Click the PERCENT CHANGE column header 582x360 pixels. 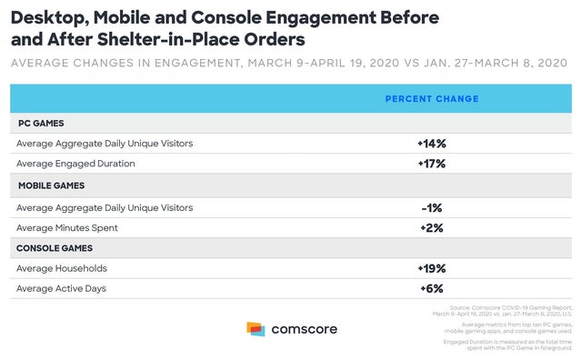coord(432,98)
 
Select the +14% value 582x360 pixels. coord(432,144)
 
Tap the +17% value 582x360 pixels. coord(432,165)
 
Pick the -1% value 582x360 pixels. coord(432,207)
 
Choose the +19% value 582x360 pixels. coord(432,268)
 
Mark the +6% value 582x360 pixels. coord(432,288)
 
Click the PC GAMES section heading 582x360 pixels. coord(40,123)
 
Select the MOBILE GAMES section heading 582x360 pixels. coord(52,185)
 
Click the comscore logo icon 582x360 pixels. coord(256,329)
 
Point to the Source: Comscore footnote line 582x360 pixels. coord(509,309)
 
